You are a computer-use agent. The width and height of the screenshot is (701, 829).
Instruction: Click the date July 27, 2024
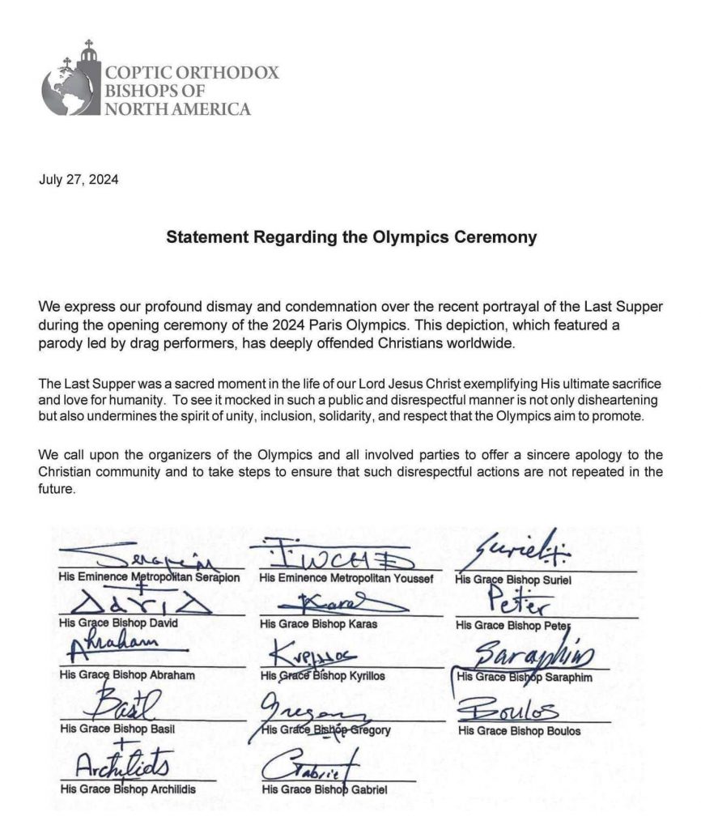[79, 180]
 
